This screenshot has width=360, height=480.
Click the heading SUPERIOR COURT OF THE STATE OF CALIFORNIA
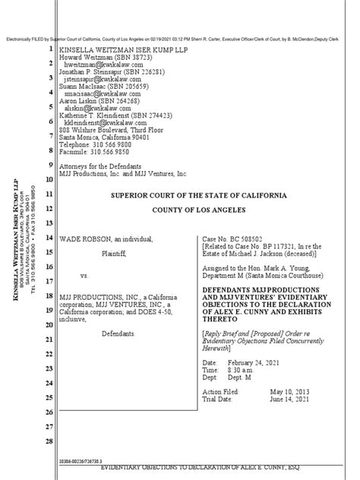click(x=199, y=195)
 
